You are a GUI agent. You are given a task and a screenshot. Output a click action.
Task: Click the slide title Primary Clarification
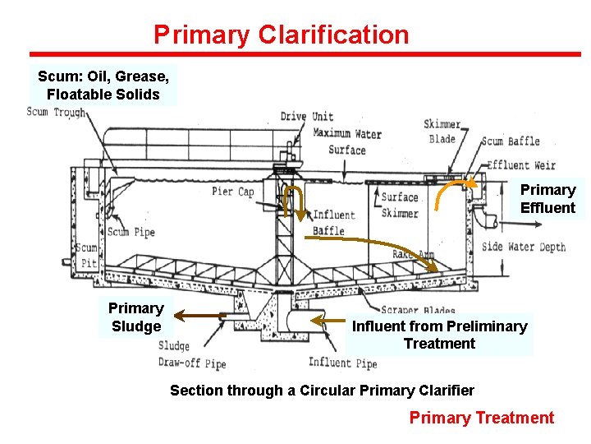281,35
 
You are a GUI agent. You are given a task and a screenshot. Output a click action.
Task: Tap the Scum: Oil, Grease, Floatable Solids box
103,86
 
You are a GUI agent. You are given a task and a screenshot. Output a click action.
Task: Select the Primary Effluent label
547,198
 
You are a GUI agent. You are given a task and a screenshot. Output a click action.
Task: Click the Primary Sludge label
135,317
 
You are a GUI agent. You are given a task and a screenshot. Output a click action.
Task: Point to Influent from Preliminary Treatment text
439,335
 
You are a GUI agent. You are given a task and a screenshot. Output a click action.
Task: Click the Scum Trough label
56,113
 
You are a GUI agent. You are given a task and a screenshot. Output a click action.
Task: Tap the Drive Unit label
306,117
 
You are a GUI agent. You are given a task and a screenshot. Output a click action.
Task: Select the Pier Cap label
233,192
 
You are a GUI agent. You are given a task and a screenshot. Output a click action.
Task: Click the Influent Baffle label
332,223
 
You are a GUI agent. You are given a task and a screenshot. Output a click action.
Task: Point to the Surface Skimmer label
400,205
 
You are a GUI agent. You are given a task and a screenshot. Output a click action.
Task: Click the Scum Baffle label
509,141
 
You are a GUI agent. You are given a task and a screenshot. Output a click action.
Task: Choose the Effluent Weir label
520,165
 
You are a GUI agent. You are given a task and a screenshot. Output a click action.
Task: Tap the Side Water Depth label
523,247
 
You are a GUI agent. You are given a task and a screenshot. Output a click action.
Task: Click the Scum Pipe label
131,232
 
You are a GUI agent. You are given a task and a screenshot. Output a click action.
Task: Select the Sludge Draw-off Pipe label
191,355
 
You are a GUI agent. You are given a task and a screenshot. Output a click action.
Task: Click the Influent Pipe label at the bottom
342,363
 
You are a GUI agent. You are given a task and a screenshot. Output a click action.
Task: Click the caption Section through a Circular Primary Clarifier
322,390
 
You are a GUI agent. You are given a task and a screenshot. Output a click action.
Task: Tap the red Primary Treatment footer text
481,418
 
